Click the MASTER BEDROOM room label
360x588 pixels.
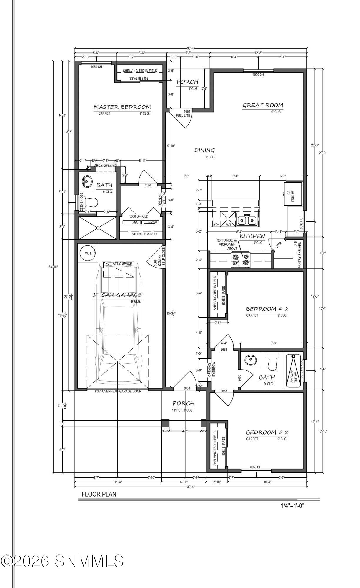click(x=122, y=107)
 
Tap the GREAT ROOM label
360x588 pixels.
click(x=262, y=105)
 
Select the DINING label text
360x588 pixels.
click(x=204, y=151)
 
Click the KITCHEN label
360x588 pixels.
click(x=252, y=236)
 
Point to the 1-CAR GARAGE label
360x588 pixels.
click(x=117, y=295)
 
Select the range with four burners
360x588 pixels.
click(x=241, y=260)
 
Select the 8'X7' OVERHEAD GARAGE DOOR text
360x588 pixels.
click(x=118, y=391)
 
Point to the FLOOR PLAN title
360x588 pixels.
click(x=99, y=494)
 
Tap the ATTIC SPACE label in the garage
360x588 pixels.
click(x=122, y=264)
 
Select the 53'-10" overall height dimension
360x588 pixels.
click(x=53, y=267)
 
